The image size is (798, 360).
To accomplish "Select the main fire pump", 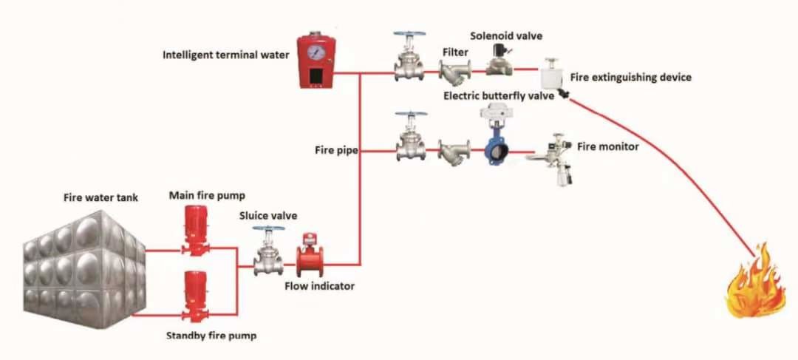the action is coord(195,230).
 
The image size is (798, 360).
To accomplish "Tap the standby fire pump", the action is coord(195,296).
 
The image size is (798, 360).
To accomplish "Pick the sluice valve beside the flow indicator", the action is coord(268,251).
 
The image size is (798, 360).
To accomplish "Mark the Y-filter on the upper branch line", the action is coord(455,72).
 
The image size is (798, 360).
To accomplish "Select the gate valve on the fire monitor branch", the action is coord(411,137).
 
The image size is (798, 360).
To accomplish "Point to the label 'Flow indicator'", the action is coord(319,286).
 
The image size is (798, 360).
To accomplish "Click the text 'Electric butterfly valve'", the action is coord(498,95).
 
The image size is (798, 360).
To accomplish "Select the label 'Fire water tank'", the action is coord(100,197).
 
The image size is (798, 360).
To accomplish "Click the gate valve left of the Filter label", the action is coord(409,56).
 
